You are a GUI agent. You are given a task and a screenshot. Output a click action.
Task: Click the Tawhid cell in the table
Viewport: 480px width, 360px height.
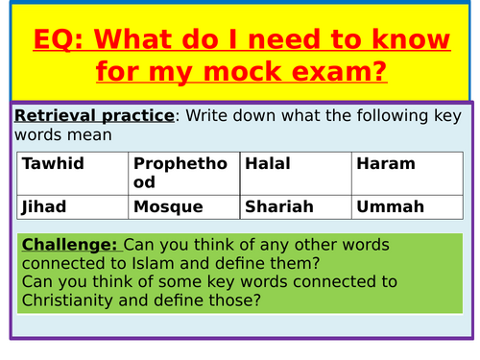point(73,173)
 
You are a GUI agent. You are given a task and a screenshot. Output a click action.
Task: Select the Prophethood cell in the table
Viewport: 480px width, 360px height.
point(183,173)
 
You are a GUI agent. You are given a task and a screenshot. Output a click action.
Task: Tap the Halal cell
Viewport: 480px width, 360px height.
point(295,173)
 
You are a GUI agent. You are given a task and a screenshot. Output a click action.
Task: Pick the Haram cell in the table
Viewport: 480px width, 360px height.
point(407,173)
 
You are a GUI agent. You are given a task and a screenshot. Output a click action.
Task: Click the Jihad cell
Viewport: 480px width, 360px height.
point(73,206)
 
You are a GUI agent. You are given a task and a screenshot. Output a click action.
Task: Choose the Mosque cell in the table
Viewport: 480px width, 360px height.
point(183,206)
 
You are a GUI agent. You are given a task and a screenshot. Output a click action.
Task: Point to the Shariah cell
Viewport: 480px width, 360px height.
point(295,206)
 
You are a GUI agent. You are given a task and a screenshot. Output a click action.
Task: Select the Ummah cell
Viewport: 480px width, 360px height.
point(407,206)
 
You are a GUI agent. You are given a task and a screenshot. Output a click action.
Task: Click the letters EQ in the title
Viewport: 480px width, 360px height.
point(52,40)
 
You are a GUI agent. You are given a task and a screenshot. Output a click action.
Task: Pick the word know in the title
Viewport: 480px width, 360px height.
point(408,40)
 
